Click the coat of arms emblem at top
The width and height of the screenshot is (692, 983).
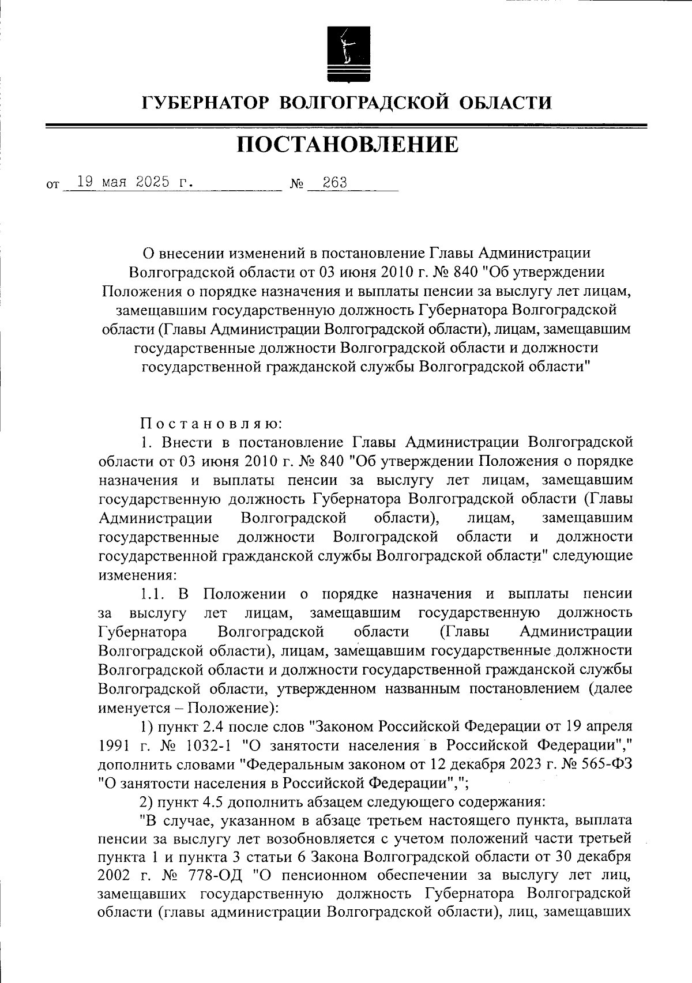point(346,52)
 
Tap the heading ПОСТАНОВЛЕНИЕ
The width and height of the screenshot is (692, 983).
point(347,145)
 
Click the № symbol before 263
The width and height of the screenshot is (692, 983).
point(297,185)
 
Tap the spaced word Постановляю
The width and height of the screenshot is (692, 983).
point(211,424)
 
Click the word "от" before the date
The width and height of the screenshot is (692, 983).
point(52,186)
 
